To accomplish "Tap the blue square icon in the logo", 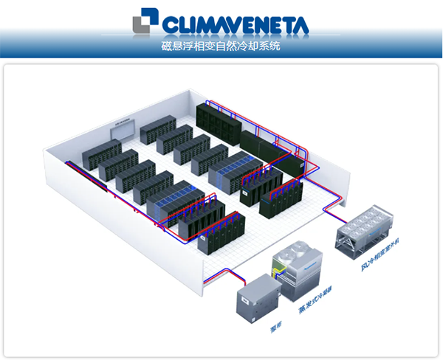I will click(x=145, y=23).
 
